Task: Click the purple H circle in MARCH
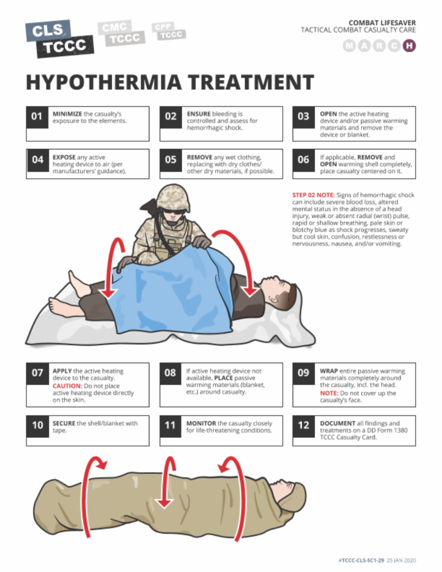(x=409, y=46)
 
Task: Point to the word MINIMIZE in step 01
(x=67, y=114)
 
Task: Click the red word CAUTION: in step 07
(x=68, y=386)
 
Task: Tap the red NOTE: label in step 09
(x=329, y=393)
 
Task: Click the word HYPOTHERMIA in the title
(x=104, y=82)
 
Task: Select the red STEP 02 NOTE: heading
(x=313, y=195)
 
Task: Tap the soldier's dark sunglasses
(x=173, y=211)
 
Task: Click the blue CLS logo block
(x=48, y=31)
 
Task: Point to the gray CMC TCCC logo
(x=121, y=33)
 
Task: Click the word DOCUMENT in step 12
(x=338, y=423)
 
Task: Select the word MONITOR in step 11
(x=201, y=423)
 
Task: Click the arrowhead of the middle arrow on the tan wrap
(x=164, y=503)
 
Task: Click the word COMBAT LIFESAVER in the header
(x=382, y=23)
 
